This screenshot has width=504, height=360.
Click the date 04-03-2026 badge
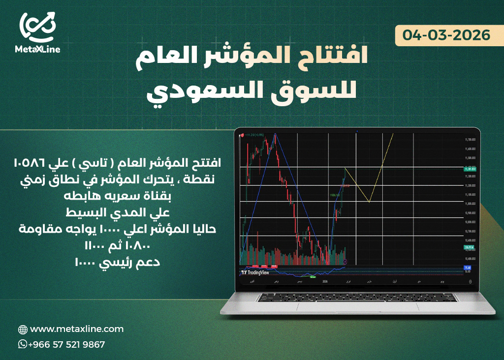[x=446, y=35]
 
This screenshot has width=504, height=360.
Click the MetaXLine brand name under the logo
[x=38, y=49]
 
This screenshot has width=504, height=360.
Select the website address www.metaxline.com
[x=77, y=329]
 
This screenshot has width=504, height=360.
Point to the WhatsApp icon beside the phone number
[x=23, y=344]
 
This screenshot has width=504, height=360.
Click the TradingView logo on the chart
[x=256, y=272]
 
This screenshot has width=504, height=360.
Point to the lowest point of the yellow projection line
[x=369, y=202]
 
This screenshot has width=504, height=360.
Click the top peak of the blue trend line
[x=275, y=134]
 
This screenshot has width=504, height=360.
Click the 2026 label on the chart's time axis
[x=324, y=282]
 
